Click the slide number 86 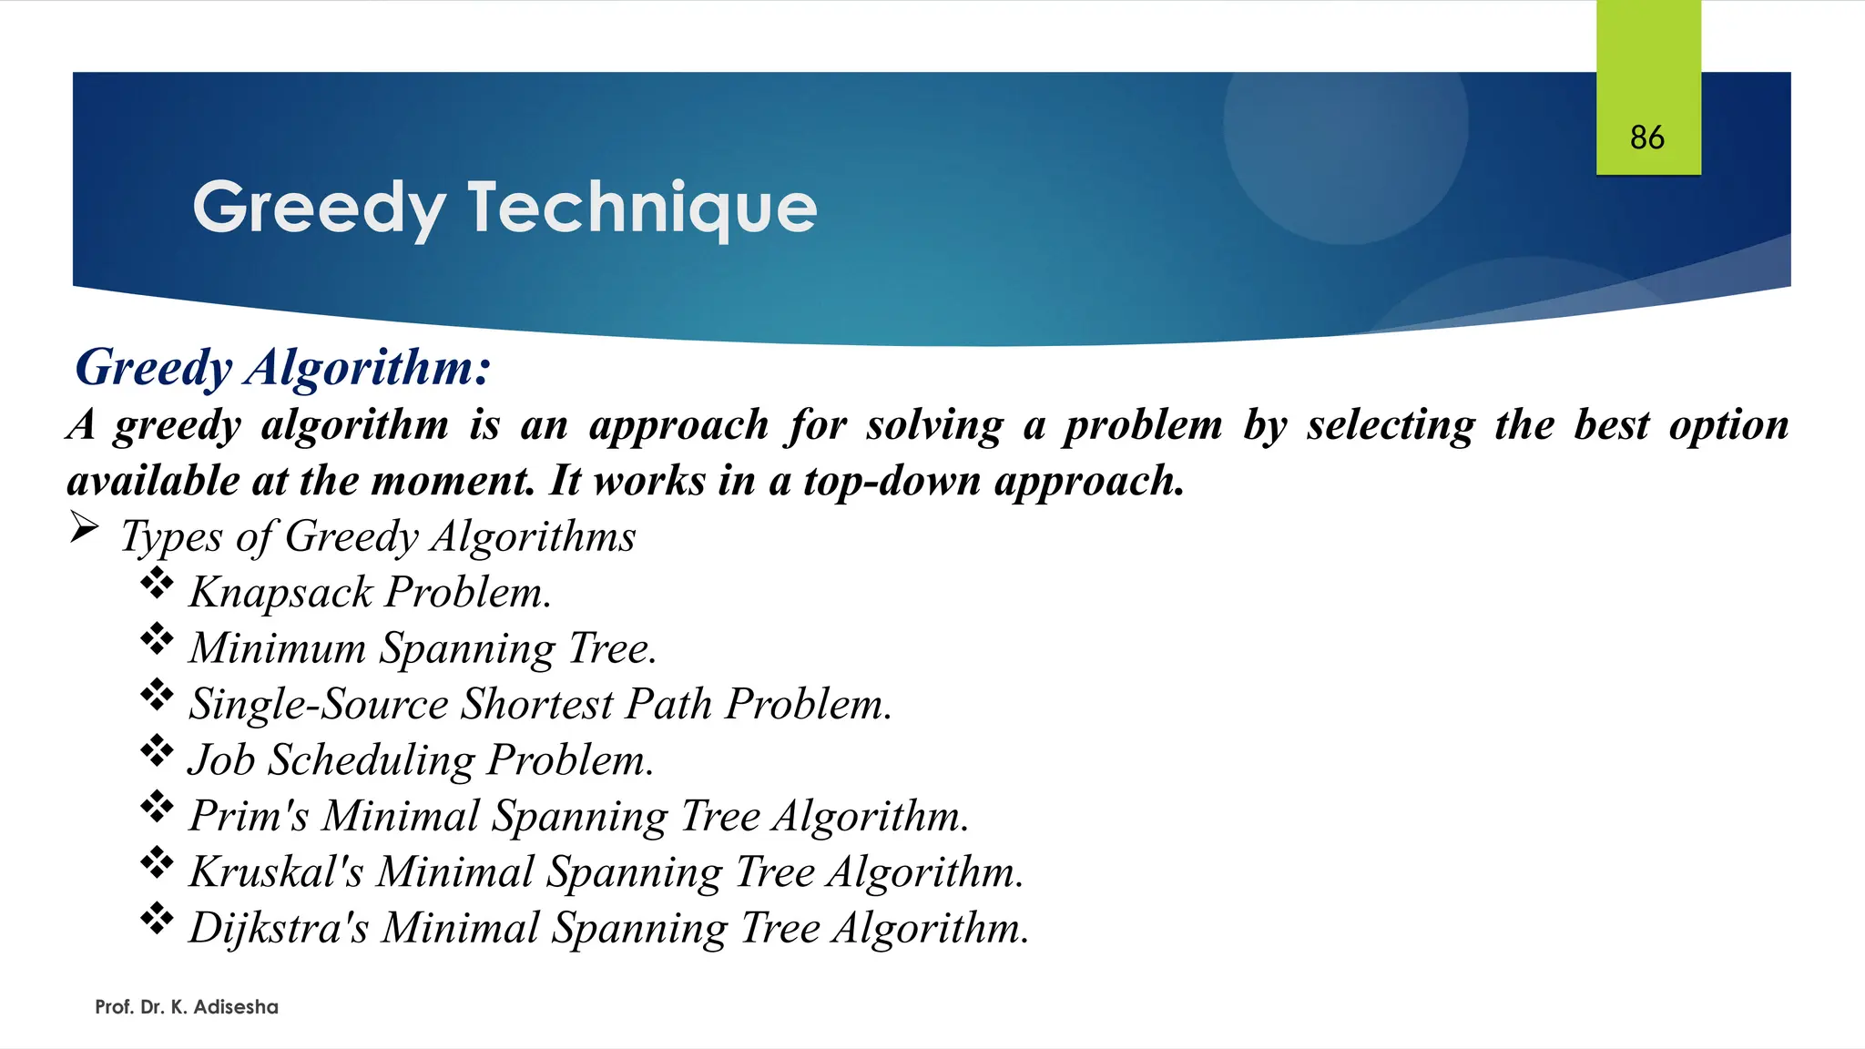click(x=1646, y=137)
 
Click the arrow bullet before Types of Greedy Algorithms click(x=84, y=527)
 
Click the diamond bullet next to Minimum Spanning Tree click(x=157, y=639)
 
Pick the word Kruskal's click(x=276, y=871)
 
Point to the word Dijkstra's click(x=279, y=928)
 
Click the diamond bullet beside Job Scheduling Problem click(x=157, y=751)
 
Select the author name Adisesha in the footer click(x=236, y=1007)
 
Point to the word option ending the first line click(x=1728, y=425)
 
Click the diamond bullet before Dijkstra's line click(x=157, y=919)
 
